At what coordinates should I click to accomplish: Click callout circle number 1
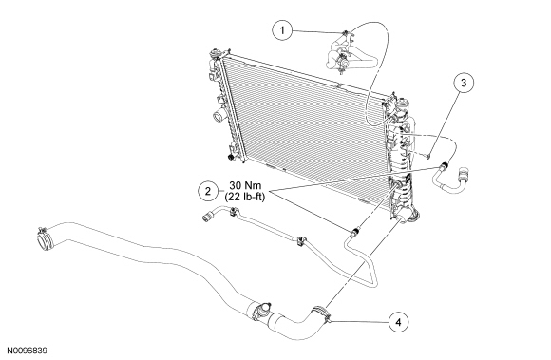coord(282,30)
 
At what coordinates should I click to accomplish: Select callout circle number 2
coord(208,192)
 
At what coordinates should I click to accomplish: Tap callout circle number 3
coord(464,83)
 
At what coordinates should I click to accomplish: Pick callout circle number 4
coord(398,322)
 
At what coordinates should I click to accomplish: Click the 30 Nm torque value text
coord(245,185)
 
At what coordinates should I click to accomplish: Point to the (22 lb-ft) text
coord(245,197)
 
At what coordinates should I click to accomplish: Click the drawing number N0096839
coord(27,351)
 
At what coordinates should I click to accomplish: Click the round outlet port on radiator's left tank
coord(218,116)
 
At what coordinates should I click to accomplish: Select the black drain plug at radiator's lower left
coord(231,157)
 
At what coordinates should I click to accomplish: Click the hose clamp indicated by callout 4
coord(321,313)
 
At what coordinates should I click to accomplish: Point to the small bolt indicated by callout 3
coord(429,155)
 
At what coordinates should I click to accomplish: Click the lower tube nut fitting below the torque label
coord(355,231)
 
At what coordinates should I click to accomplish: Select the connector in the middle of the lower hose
coord(260,311)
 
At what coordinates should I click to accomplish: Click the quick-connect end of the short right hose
coord(464,176)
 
